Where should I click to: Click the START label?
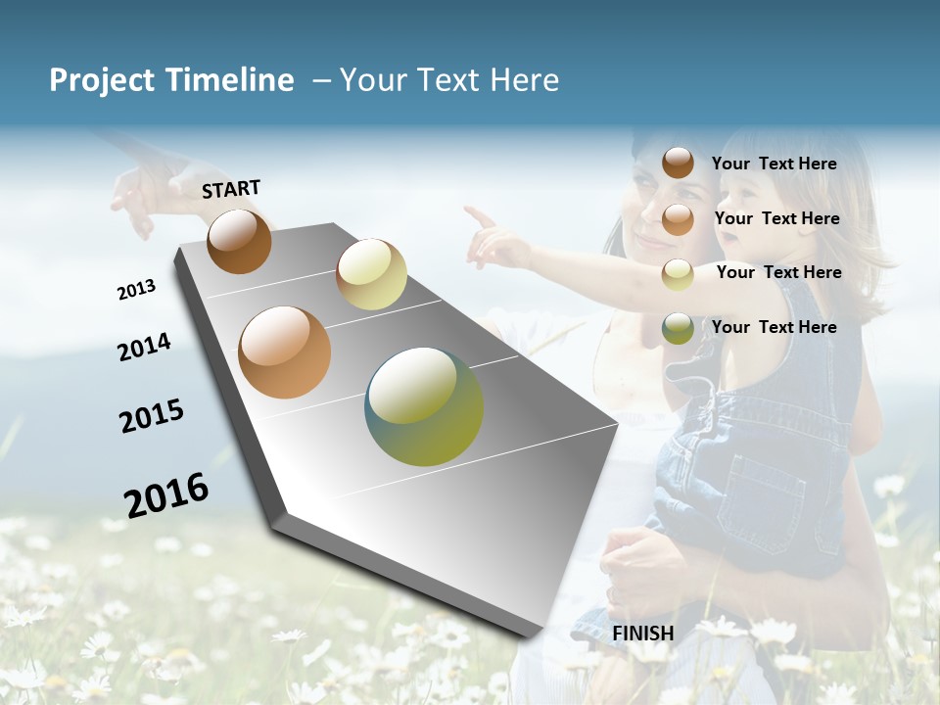coord(231,189)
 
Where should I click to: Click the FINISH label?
coord(642,634)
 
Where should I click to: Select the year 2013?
coord(136,290)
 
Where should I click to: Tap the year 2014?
coord(144,348)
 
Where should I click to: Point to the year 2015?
coord(152,416)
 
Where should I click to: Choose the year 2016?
coord(166,494)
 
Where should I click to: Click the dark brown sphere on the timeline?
coord(239,241)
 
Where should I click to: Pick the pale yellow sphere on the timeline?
coord(371,274)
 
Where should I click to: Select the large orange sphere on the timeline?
coord(285,352)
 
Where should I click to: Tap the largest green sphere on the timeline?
coord(424,406)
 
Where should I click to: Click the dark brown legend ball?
coord(678,164)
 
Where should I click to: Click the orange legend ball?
coord(678,219)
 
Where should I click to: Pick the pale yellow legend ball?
coord(678,274)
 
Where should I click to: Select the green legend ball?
coord(678,328)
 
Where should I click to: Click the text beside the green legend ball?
coord(774,327)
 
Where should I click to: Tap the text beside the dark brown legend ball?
coord(774,164)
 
